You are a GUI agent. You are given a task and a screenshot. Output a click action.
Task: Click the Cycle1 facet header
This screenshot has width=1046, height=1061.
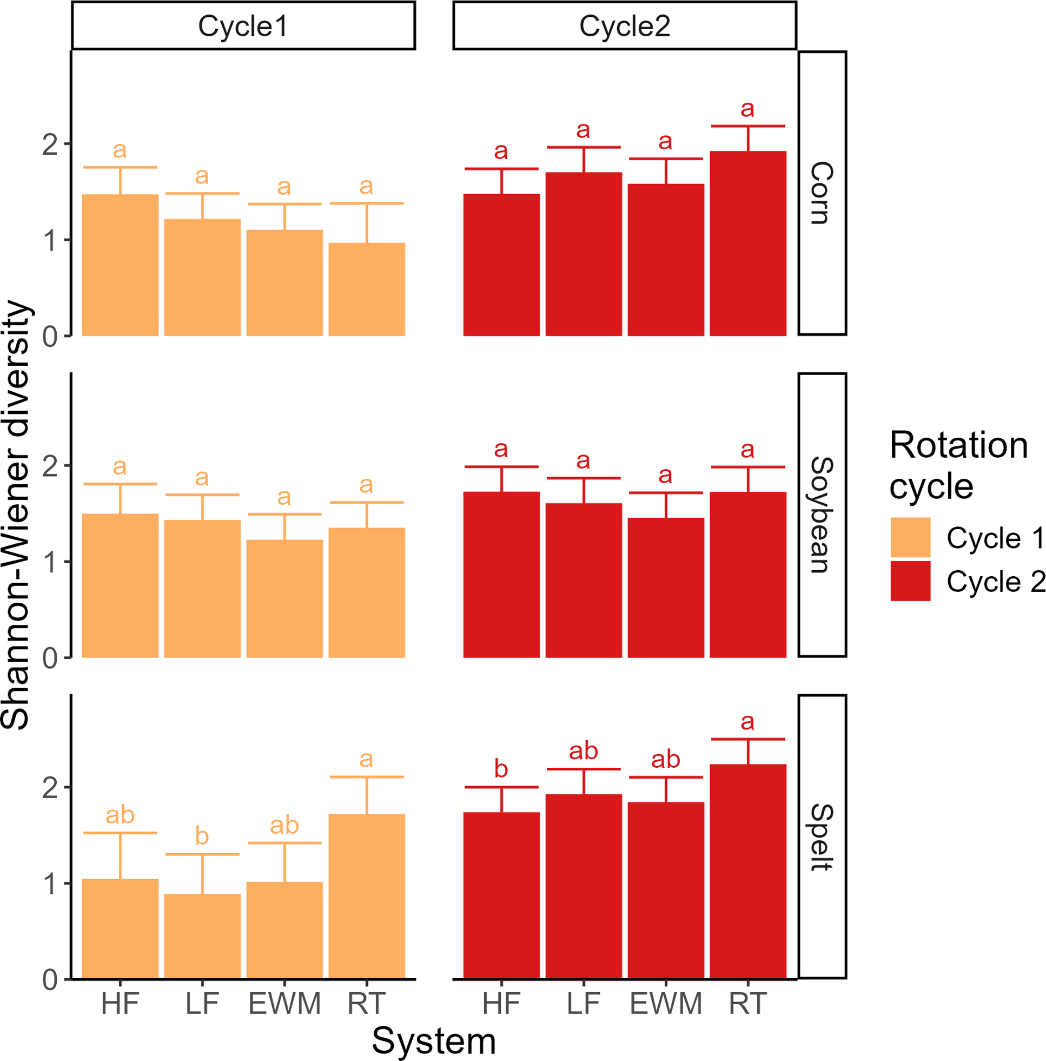pos(243,26)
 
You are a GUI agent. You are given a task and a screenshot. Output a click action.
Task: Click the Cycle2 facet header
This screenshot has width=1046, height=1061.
pos(624,26)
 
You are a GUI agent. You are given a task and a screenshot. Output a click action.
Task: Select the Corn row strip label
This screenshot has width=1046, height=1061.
pos(822,193)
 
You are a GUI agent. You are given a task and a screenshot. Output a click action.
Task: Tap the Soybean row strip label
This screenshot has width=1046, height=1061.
pos(822,515)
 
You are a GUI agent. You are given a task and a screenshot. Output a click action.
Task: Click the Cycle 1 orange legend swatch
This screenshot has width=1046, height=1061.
pos(910,537)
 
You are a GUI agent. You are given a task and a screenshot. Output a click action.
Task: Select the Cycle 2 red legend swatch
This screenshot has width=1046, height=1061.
pos(910,581)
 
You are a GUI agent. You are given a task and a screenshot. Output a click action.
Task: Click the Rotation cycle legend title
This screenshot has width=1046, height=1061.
pos(958,465)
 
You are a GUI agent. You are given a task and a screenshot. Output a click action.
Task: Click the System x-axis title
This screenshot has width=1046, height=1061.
pos(433,1040)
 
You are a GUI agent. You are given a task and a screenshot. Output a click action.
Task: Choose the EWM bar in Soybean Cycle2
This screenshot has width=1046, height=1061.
pos(665,587)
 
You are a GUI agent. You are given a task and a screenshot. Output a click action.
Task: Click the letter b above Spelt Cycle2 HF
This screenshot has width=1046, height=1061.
pos(501,769)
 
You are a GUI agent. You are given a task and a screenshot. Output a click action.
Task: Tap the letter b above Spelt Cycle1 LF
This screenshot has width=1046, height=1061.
pos(202,836)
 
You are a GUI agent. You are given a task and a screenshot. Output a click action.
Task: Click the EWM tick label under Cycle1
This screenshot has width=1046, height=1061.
pos(284,1003)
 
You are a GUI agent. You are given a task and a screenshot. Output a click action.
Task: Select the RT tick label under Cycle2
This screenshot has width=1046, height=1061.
pos(748,1003)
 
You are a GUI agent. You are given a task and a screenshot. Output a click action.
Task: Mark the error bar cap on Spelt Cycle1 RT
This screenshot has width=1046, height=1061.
pos(367,777)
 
